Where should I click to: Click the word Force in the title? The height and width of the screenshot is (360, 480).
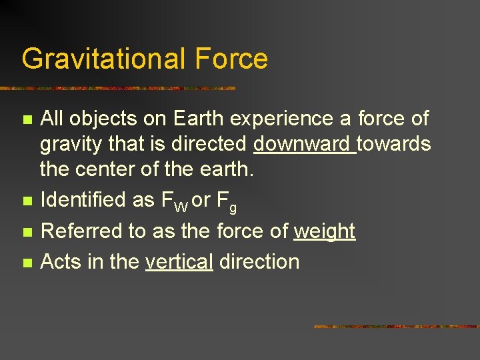231,59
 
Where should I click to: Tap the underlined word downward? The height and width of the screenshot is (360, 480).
304,144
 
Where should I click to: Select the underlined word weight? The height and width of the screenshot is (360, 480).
325,231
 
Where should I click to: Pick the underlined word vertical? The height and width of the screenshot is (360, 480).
179,261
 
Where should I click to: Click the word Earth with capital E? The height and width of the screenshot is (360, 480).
199,119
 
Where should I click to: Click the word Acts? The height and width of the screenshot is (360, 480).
61,261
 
